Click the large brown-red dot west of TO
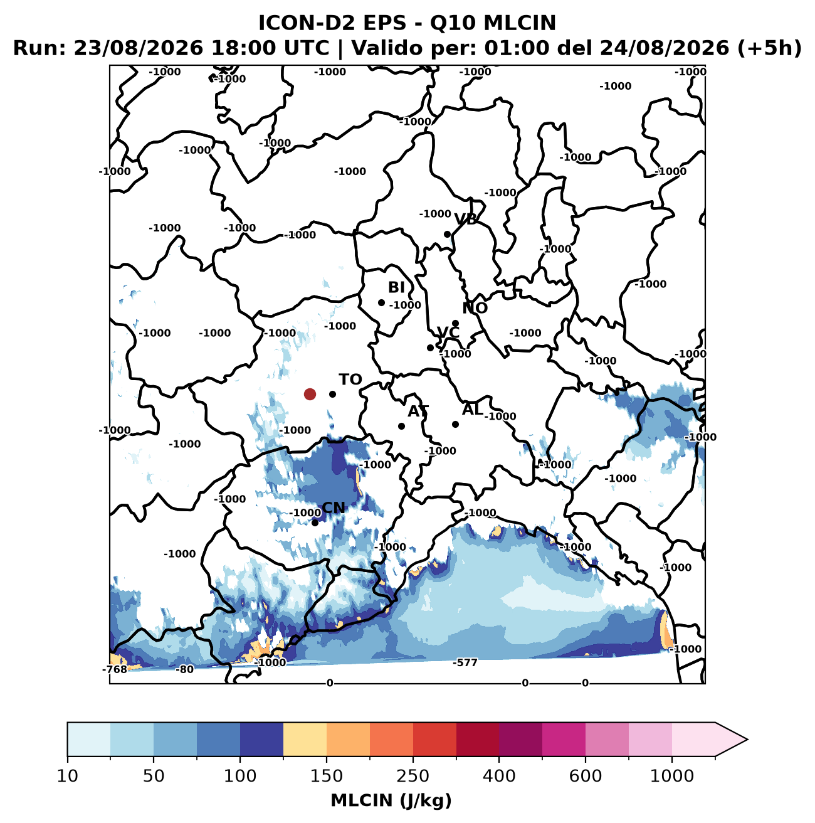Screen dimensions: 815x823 [x=310, y=394]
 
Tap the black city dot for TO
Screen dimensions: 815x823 [x=332, y=394]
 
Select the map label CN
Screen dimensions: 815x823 [x=334, y=508]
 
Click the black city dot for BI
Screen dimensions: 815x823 [x=382, y=303]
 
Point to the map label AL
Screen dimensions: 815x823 [x=473, y=410]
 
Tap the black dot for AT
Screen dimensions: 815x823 [x=401, y=426]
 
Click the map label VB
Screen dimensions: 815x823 [x=466, y=220]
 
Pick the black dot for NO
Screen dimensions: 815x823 [x=456, y=324]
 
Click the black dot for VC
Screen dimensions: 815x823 [x=430, y=348]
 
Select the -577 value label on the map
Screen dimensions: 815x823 [x=465, y=663]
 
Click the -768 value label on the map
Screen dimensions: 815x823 [x=115, y=670]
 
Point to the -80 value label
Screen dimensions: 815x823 [x=184, y=670]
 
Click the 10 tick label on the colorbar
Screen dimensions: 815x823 [x=68, y=776]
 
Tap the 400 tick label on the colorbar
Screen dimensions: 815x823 [x=499, y=776]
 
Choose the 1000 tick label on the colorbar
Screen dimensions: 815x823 [x=672, y=776]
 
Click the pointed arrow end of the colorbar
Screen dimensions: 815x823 [x=747, y=740]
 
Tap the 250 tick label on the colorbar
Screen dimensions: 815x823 [x=413, y=776]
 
